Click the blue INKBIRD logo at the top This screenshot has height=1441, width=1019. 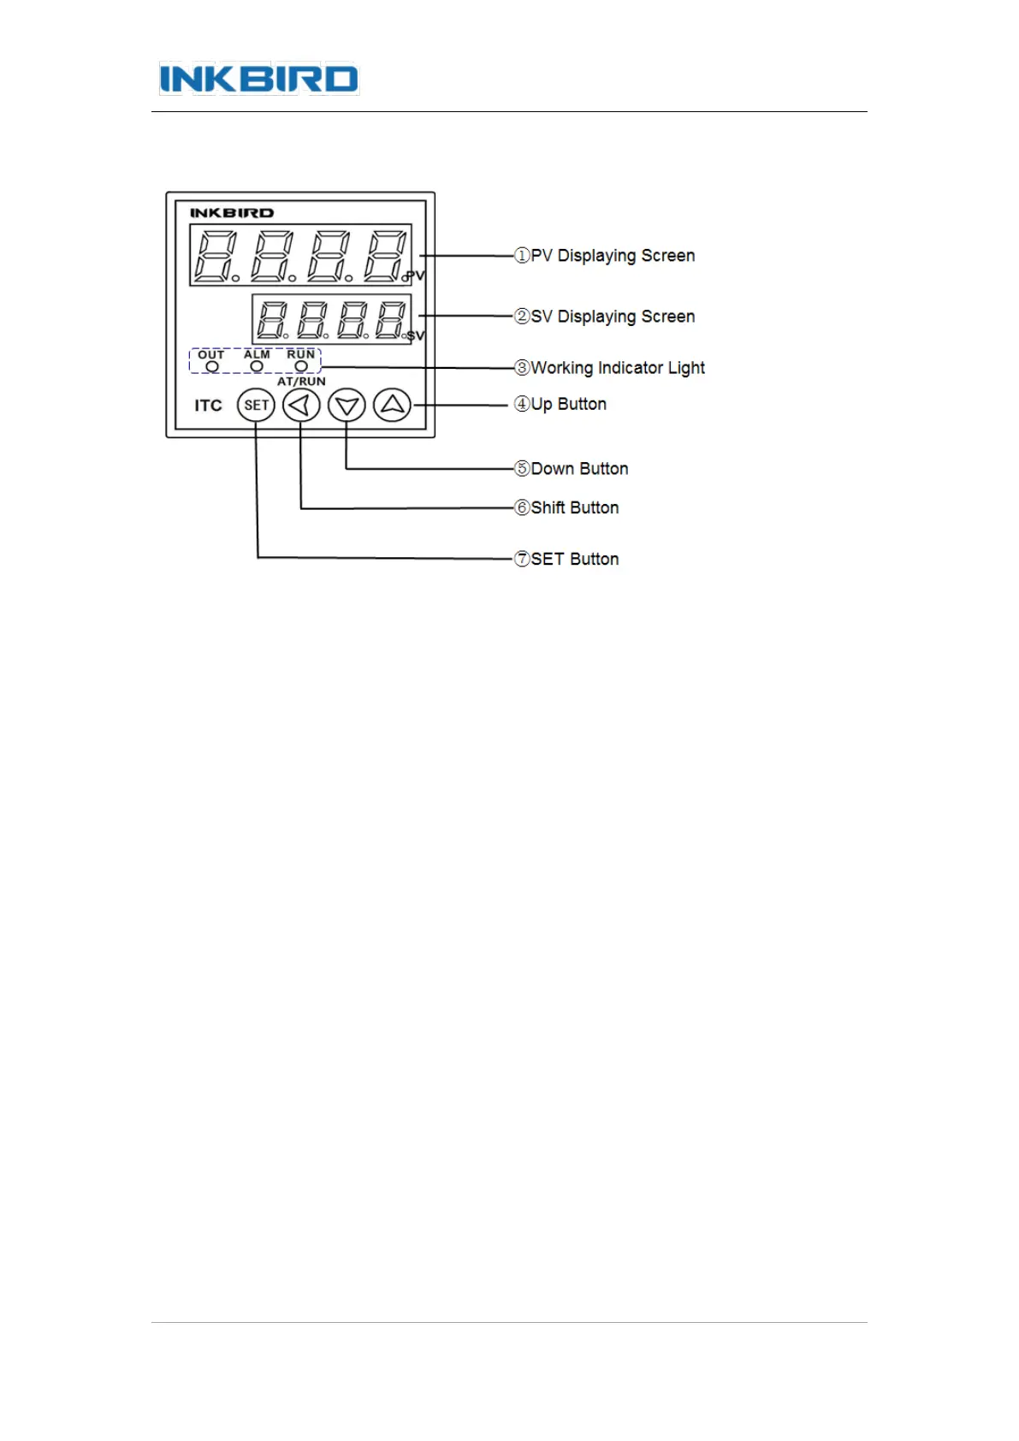tap(258, 80)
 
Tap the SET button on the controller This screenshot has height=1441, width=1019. tap(256, 405)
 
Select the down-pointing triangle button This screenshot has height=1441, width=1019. tap(347, 405)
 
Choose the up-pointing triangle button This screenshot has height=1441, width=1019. tap(392, 404)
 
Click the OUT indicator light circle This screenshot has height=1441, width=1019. tap(212, 366)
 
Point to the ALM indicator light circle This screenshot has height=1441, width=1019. tap(257, 366)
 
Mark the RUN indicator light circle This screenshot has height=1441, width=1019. tap(301, 366)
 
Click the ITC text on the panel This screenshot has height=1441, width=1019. tap(208, 406)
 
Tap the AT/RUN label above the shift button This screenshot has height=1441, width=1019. tap(301, 382)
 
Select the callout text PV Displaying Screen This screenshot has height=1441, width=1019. tap(612, 256)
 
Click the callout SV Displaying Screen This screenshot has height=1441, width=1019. tap(612, 317)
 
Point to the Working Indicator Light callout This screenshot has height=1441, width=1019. tap(617, 368)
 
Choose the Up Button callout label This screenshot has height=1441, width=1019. tap(568, 404)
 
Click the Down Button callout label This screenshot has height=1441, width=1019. tap(578, 469)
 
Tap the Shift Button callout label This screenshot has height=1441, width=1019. tap(574, 507)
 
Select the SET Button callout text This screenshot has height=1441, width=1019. tap(574, 559)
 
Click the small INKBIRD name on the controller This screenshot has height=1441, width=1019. tap(232, 212)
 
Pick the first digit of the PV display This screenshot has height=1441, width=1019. tap(214, 255)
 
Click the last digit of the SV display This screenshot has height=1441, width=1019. tap(389, 319)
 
